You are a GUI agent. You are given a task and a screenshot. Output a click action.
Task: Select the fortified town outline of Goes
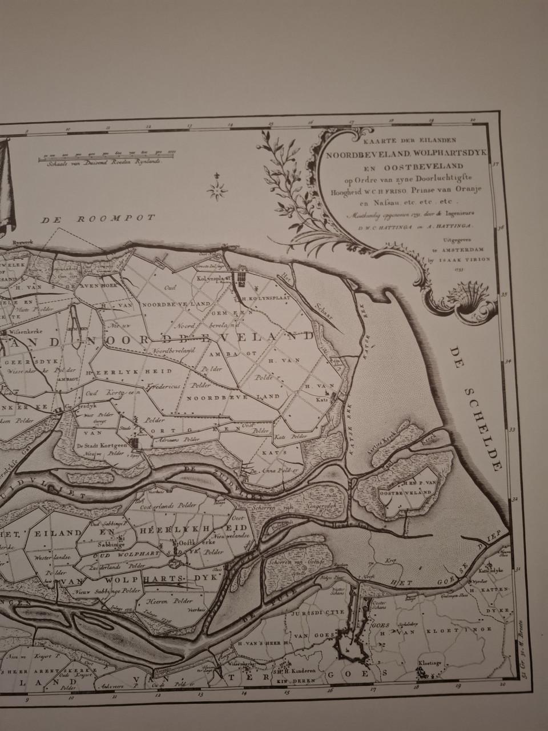(353, 644)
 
